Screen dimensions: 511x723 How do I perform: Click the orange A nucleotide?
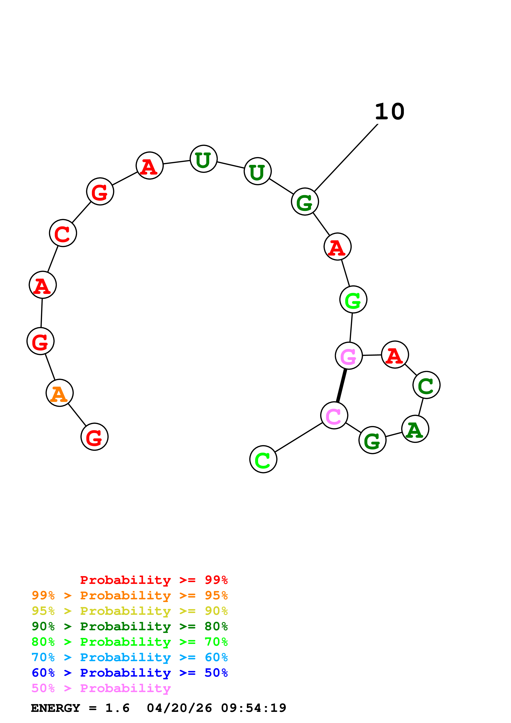point(60,393)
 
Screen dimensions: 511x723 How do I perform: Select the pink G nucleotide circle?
point(349,356)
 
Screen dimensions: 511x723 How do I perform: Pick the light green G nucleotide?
point(353,299)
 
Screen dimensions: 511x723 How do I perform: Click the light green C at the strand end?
point(263,459)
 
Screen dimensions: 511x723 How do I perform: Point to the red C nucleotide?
point(63,233)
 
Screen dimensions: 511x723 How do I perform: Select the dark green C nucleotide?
point(426,385)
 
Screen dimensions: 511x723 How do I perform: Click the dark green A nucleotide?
point(415,429)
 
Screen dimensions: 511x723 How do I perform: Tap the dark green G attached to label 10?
point(305,202)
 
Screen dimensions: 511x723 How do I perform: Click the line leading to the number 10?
point(346,157)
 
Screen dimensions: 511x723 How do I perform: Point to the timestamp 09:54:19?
point(254,708)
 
